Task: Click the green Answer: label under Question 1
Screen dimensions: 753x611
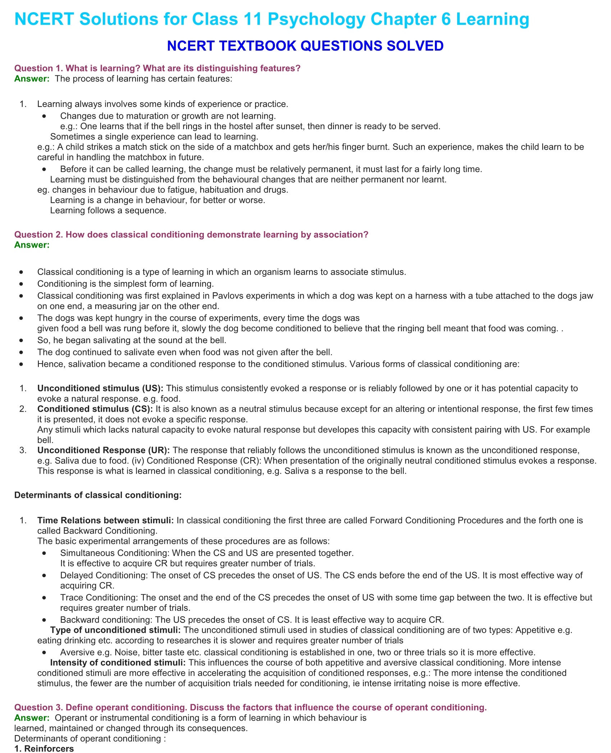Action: pos(32,79)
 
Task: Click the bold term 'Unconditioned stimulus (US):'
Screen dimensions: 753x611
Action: pos(100,388)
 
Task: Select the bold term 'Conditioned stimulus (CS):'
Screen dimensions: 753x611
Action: pos(95,409)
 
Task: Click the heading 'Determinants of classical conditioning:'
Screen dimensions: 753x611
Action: pos(98,495)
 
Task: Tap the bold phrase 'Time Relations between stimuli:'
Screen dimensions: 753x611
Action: pos(105,520)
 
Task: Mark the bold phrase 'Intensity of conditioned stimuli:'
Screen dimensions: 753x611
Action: pos(118,662)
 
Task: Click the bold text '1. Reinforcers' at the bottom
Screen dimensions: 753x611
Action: pos(44,748)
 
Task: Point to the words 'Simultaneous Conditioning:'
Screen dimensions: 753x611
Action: pos(115,553)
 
